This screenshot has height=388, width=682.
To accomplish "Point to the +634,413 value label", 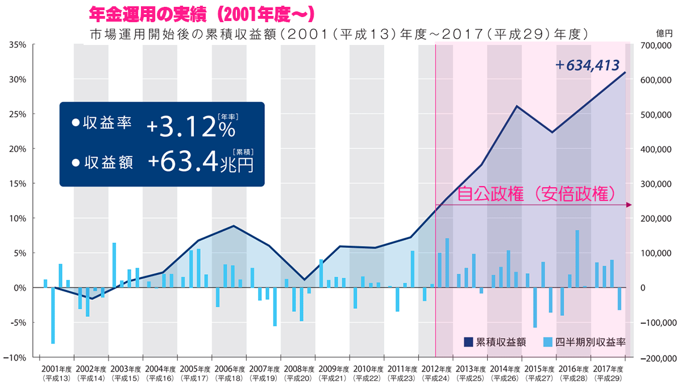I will (x=587, y=65).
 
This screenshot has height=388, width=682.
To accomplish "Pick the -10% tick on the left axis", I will (x=16, y=357).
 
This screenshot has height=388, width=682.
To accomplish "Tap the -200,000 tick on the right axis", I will (x=658, y=358).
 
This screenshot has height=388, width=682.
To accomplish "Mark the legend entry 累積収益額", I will (x=494, y=342).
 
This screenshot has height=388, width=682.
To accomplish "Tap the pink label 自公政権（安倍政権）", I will (x=537, y=193).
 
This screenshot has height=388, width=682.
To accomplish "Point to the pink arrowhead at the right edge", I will (x=630, y=204).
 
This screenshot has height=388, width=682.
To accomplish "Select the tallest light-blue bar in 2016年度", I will (x=577, y=259).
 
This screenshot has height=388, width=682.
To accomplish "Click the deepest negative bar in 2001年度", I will (x=53, y=316).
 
